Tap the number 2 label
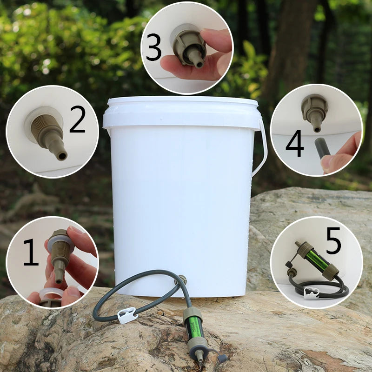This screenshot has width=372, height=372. click(77, 120)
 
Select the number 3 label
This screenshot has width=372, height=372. click(153, 48)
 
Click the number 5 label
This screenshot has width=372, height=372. click(333, 241)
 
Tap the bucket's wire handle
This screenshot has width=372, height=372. click(261, 149)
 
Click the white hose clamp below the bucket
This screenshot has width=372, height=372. click(127, 316)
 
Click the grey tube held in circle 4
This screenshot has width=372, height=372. click(320, 148)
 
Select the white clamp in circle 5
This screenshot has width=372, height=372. click(311, 292)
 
